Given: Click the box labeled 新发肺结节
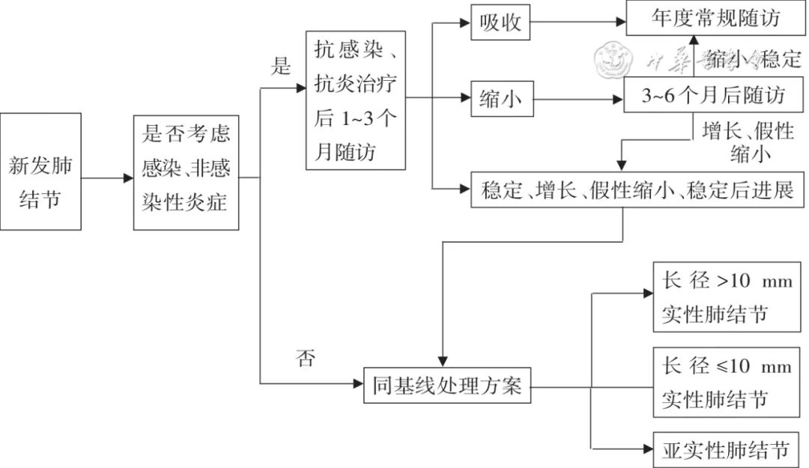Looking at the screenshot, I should (x=40, y=171).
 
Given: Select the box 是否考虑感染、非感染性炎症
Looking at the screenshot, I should (x=186, y=172).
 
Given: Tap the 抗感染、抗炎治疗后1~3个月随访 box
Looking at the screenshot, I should (x=356, y=101).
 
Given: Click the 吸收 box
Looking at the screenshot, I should (x=500, y=23).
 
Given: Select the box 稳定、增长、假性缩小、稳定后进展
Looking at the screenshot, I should (x=638, y=190).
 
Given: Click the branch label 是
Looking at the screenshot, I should (x=280, y=67).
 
